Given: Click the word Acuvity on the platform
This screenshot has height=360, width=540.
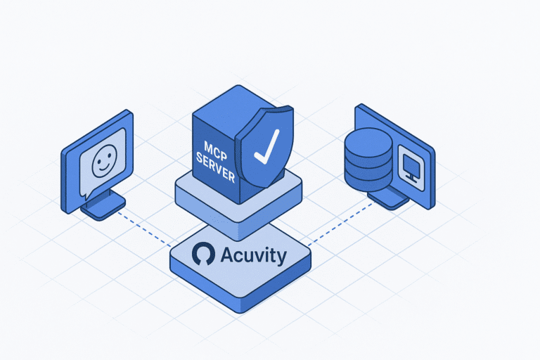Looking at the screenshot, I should pyautogui.click(x=253, y=255).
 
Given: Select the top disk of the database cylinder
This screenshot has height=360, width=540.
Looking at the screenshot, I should pyautogui.click(x=367, y=139).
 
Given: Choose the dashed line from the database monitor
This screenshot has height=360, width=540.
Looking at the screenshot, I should pyautogui.click(x=337, y=224).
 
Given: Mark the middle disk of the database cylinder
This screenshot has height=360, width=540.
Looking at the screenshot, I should pyautogui.click(x=367, y=160).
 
